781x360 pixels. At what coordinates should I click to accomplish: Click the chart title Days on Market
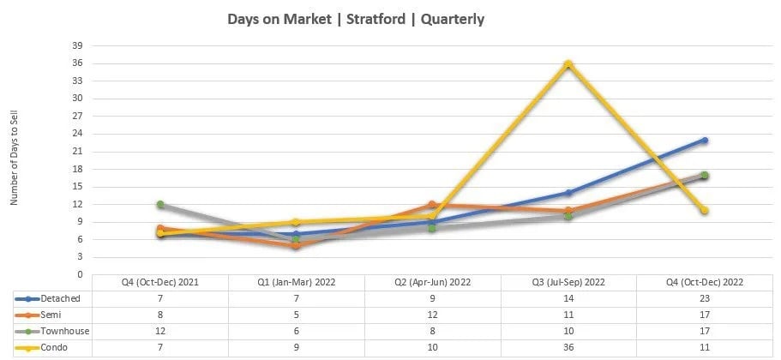[x=356, y=19]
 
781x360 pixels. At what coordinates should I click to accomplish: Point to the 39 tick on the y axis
[x=77, y=46]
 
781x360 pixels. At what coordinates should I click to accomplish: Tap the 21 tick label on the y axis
[x=77, y=152]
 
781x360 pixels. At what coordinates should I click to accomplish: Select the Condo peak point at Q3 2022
[x=568, y=64]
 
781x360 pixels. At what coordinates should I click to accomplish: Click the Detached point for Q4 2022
[x=705, y=140]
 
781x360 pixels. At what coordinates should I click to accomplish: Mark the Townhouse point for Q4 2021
[x=160, y=205]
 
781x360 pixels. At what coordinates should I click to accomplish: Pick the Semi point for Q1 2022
[x=296, y=245]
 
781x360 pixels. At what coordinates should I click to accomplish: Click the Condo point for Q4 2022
[x=705, y=210]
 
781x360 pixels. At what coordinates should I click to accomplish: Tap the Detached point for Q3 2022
[x=568, y=193]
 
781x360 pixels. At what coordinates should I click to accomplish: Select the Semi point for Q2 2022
[x=432, y=205]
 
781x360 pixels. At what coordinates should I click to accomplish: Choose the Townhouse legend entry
[x=51, y=330]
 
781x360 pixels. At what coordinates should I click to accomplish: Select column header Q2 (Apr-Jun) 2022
[x=432, y=282]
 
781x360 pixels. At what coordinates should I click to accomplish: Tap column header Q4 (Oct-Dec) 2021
[x=160, y=282]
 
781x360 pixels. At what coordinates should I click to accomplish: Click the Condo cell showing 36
[x=568, y=346]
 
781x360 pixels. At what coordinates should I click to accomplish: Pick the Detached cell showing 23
[x=705, y=298]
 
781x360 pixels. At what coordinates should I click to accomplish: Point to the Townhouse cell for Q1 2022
[x=296, y=330]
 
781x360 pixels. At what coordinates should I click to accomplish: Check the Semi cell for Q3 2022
[x=568, y=315]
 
